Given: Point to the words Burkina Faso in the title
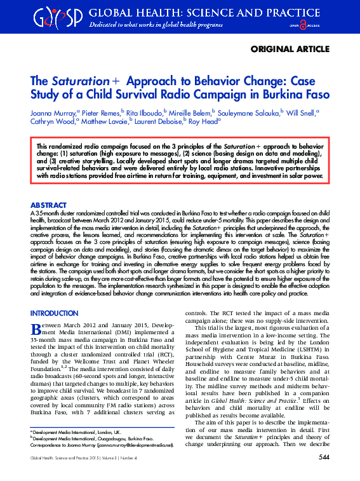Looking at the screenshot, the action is coord(297,95).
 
